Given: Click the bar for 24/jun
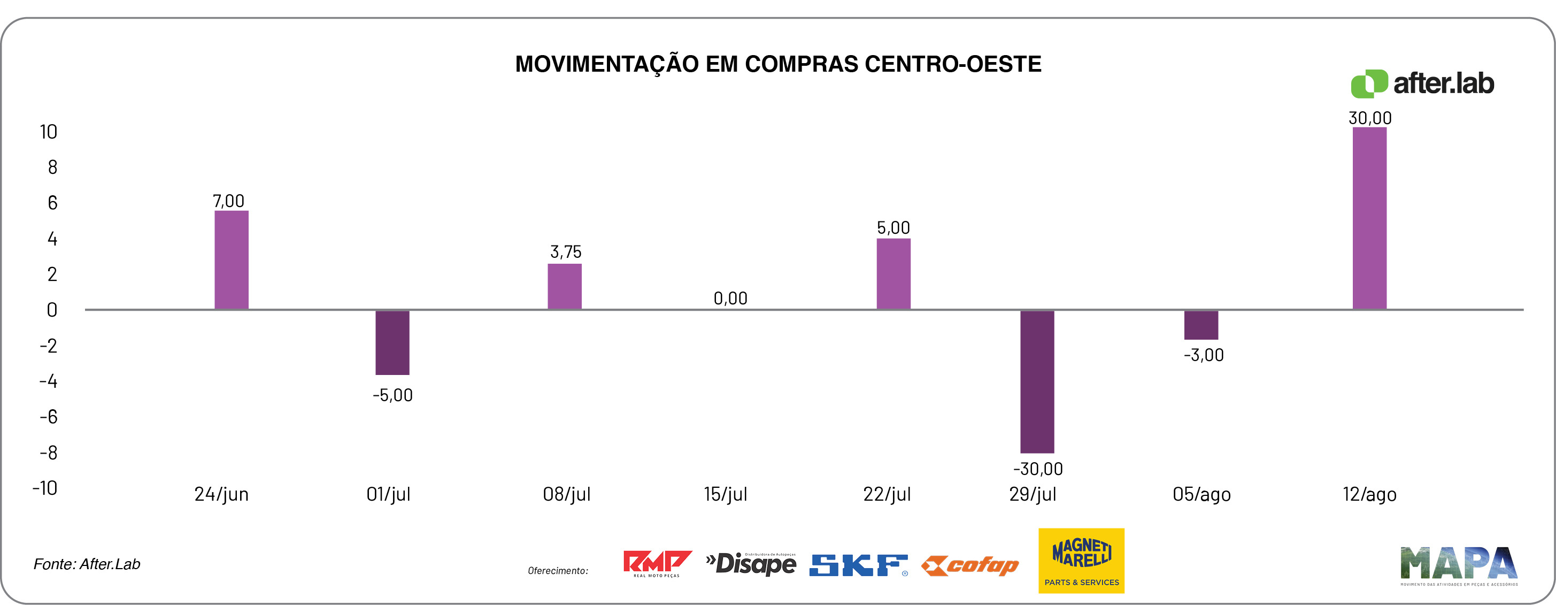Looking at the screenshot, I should tap(232, 260).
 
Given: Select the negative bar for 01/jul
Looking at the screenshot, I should tap(392, 342).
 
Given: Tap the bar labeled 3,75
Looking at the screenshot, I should tap(564, 287).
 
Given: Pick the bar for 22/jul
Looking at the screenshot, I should tap(893, 274).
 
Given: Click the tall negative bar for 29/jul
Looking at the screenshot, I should tap(1037, 381).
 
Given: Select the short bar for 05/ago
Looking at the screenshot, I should tap(1201, 325).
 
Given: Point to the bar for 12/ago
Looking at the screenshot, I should tap(1369, 218).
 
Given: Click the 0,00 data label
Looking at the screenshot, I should tap(730, 298).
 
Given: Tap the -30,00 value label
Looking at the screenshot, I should tap(1038, 469).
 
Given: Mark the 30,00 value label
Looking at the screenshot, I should tap(1370, 118).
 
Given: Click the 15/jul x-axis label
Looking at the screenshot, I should tap(726, 494).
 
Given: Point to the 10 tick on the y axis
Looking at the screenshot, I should tap(48, 132).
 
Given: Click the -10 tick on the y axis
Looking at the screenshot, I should tap(45, 488).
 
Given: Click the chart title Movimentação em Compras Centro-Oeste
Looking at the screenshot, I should tap(778, 64).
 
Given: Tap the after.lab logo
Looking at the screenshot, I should tap(1422, 83).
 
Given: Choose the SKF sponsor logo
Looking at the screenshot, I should tap(858, 565).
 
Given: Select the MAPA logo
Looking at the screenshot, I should tap(1459, 565).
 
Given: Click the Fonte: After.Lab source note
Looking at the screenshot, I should tap(87, 564).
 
